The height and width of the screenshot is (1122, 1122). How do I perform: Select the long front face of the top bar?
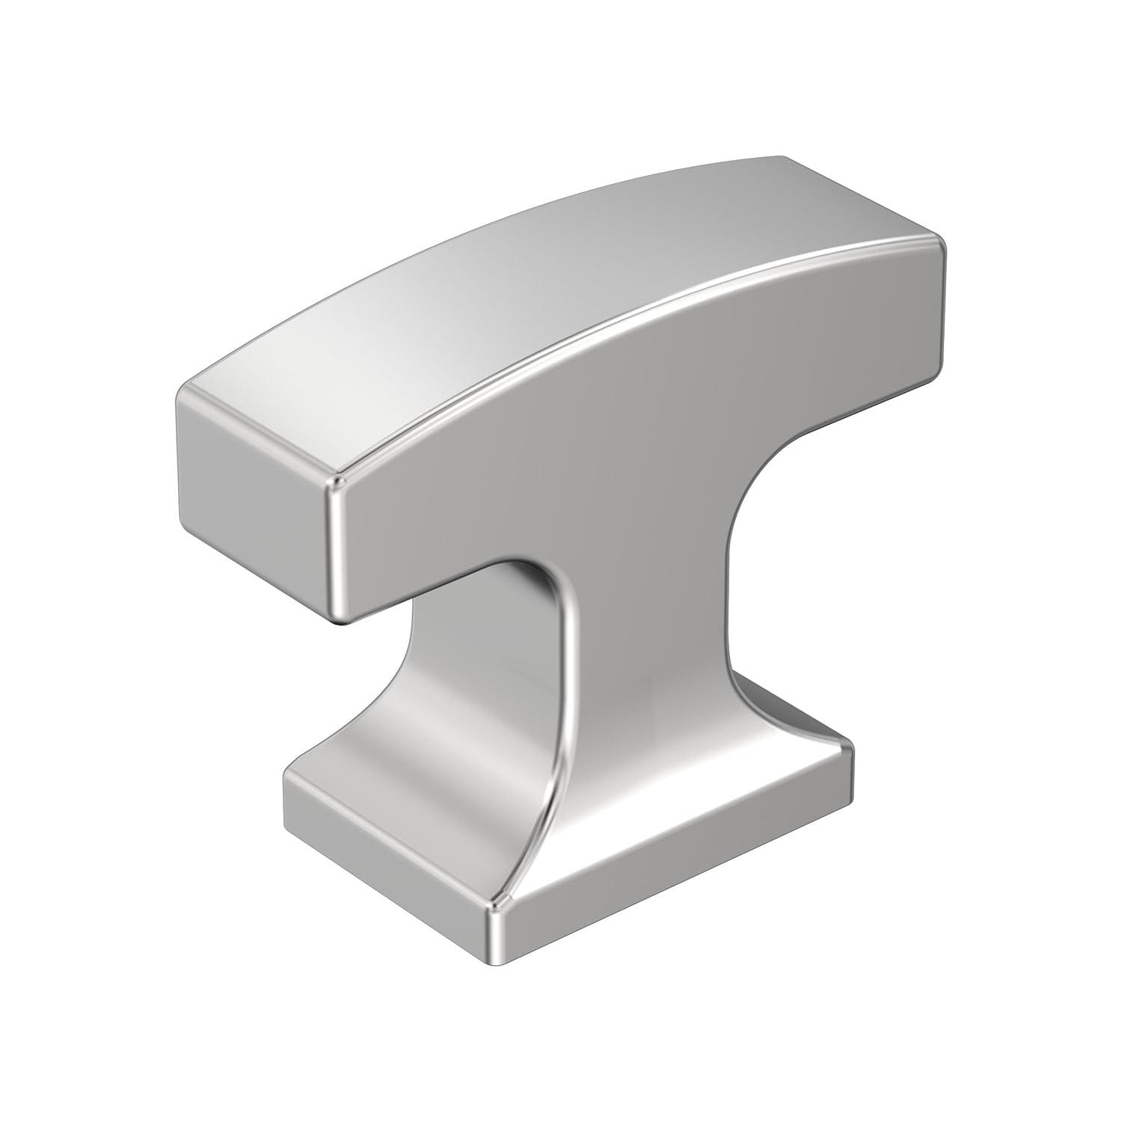coord(636,419)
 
